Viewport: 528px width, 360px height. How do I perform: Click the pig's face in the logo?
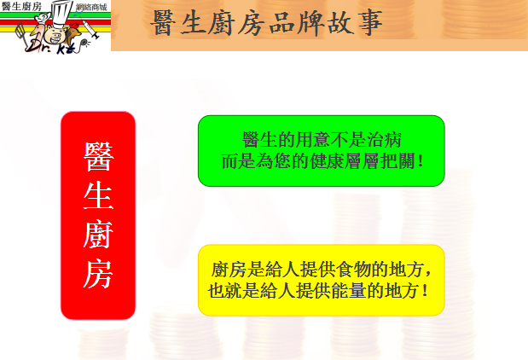[x=57, y=33]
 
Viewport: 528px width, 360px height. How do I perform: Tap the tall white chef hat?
[x=61, y=14]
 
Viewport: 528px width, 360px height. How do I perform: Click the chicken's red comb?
[x=74, y=26]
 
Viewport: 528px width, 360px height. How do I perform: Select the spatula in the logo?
[x=21, y=33]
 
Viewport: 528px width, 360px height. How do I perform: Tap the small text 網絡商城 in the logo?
[x=91, y=7]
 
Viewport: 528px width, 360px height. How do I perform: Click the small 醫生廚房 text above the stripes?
[x=21, y=6]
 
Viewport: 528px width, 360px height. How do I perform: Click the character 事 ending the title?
[x=370, y=23]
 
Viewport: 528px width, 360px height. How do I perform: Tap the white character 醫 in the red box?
[x=98, y=156]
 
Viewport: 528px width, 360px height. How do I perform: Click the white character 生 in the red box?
[x=98, y=195]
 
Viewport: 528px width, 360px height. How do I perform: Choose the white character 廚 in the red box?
[x=98, y=234]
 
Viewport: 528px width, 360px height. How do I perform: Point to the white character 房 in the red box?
[x=98, y=273]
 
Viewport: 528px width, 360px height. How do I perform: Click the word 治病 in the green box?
[x=384, y=140]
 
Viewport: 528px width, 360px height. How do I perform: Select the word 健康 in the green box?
[x=327, y=161]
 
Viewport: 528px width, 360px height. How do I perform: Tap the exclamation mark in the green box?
[x=420, y=161]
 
